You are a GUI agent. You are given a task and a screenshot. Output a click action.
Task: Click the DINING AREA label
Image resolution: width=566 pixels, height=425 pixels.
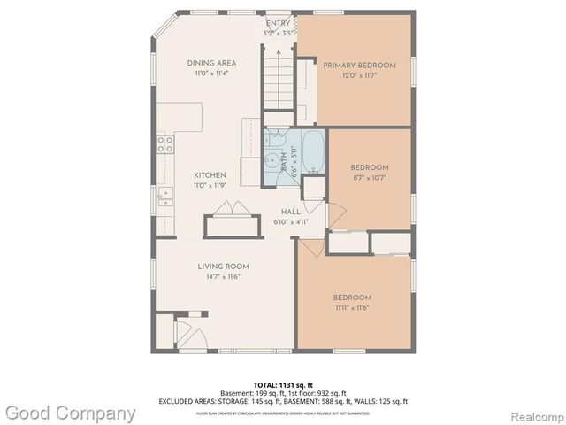coord(210,63)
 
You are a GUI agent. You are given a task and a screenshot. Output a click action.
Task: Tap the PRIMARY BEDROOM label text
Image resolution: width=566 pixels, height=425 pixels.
coord(358,66)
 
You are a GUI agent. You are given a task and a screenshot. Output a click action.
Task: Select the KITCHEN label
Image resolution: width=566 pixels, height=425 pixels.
coord(210,175)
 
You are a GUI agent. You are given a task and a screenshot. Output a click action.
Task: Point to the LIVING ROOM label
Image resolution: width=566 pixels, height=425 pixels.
coord(223,266)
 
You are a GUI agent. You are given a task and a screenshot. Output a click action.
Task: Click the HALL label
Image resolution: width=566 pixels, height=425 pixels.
coord(290,212)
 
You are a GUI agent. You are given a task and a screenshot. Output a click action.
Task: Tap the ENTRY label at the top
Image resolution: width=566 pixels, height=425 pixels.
coord(278,23)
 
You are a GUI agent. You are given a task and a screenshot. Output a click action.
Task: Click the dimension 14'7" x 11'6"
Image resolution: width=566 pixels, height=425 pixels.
coord(223,276)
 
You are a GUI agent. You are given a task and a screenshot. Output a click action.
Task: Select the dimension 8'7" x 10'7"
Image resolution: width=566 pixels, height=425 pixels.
coord(369,177)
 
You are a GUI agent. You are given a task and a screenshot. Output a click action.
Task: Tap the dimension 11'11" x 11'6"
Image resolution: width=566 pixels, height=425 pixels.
coord(351,307)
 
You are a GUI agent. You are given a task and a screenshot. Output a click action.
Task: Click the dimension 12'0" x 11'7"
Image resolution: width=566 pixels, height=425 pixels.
coord(358,76)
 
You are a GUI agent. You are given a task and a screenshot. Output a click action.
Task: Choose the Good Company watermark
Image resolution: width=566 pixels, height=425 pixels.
coord(70,413)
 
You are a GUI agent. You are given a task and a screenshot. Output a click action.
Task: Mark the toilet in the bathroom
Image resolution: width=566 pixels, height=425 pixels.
coord(274,140)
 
